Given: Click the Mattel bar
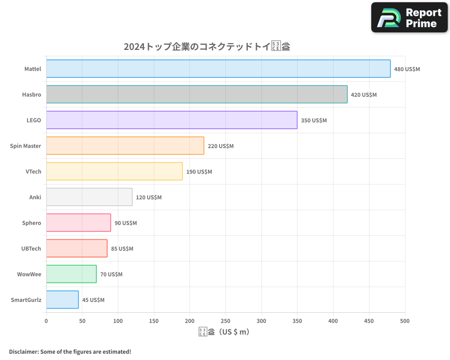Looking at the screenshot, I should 218,69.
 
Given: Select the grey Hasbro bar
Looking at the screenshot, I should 197,94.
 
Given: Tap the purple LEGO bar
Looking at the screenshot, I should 171,120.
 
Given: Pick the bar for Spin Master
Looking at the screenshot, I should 125,146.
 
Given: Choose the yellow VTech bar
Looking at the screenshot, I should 114,171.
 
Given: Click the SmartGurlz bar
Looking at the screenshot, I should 63,300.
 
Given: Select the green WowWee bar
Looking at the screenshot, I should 72,274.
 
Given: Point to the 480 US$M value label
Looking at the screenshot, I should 407,69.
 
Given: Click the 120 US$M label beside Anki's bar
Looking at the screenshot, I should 148,198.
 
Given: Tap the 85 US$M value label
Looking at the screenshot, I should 122,249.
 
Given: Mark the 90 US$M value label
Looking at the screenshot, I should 126,223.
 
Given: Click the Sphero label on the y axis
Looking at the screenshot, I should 31,223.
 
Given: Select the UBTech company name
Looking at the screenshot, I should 31,249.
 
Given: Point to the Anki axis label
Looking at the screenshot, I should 35,198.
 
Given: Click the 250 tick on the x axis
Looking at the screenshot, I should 225,321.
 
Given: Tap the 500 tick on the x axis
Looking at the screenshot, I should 405,321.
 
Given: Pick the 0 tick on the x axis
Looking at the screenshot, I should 46,321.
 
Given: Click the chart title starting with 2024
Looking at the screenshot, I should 207,47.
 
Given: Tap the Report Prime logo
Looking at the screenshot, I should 409,18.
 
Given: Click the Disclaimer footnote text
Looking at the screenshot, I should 70,351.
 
